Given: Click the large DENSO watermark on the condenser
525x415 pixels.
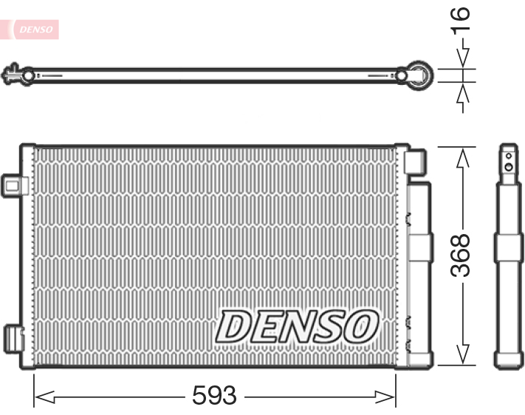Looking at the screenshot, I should tap(297, 326).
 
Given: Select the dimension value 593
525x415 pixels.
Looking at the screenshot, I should tap(214, 397).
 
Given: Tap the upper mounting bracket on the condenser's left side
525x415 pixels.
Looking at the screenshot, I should tap(13, 183).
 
